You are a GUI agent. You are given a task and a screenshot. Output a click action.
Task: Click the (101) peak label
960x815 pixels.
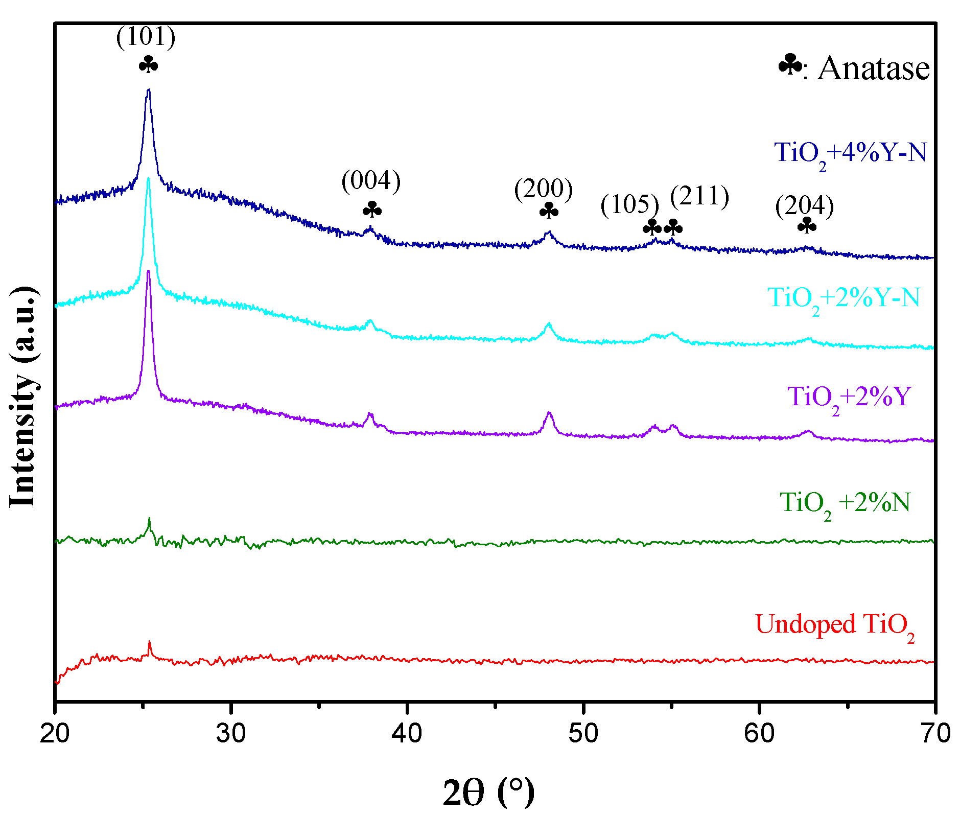146,37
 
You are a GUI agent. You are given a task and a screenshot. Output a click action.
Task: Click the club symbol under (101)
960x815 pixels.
148,65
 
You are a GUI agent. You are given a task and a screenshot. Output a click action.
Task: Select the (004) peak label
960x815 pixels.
371,181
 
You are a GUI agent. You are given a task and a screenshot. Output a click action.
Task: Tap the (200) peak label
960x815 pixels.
543,189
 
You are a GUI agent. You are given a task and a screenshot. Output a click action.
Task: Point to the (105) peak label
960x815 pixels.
629,204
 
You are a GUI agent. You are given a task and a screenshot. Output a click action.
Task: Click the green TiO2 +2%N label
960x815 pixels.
845,503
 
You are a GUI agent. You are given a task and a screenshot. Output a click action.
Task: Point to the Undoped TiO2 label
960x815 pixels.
834,625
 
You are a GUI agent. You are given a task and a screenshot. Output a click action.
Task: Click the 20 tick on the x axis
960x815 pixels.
55,734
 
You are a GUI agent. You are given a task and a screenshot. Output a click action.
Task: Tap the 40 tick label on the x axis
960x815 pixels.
407,734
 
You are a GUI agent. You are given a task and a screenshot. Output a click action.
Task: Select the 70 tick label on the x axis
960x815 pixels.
934,734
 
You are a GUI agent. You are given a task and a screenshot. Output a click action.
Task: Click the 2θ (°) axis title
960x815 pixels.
488,791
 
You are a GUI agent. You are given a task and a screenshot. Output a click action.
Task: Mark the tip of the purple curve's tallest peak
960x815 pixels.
148,271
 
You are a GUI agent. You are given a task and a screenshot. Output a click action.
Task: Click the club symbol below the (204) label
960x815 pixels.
807,225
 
